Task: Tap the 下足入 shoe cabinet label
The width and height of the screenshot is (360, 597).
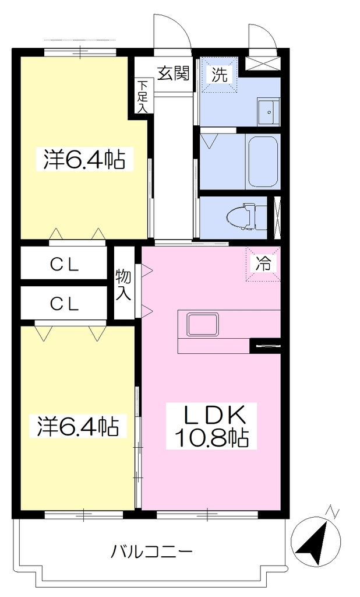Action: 142,96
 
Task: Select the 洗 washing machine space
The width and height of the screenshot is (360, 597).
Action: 220,75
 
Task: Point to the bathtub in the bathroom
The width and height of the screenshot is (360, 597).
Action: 263,161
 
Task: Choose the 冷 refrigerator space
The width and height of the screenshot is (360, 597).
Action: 263,264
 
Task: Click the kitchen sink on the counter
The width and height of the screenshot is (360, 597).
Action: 203,324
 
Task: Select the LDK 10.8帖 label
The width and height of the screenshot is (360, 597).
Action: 211,426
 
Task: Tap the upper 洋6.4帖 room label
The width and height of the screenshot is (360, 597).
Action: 80,160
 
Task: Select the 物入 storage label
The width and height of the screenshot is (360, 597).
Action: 123,285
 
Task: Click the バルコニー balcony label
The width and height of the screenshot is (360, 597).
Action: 151,551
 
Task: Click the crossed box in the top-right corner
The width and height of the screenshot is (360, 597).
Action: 263,63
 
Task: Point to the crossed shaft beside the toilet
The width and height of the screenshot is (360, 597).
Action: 277,217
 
